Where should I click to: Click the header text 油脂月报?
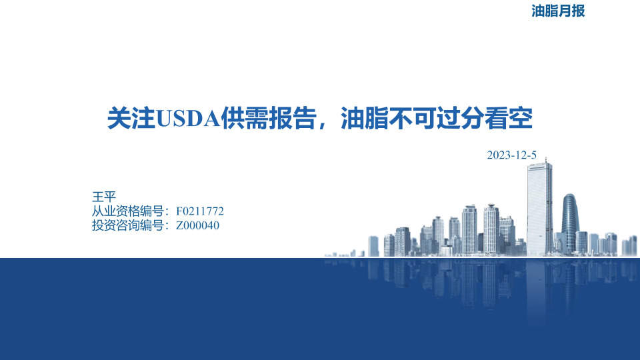[x=558, y=11]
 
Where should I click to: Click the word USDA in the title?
[x=188, y=119]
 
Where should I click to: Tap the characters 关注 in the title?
[x=131, y=119]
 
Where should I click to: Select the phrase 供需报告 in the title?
[x=269, y=119]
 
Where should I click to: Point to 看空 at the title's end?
[x=509, y=119]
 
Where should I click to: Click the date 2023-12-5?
[x=511, y=155]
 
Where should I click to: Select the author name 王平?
[x=104, y=197]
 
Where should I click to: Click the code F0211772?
[x=199, y=211]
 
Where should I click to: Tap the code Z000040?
[x=197, y=225]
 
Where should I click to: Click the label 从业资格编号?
[x=128, y=211]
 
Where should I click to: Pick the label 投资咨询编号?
[x=128, y=225]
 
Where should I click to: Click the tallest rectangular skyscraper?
[x=539, y=209]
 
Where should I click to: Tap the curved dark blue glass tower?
[x=570, y=223]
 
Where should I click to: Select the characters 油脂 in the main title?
[x=365, y=119]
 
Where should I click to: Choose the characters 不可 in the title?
[x=413, y=119]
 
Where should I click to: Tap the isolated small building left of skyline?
[x=373, y=246]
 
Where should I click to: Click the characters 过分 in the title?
[x=461, y=119]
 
